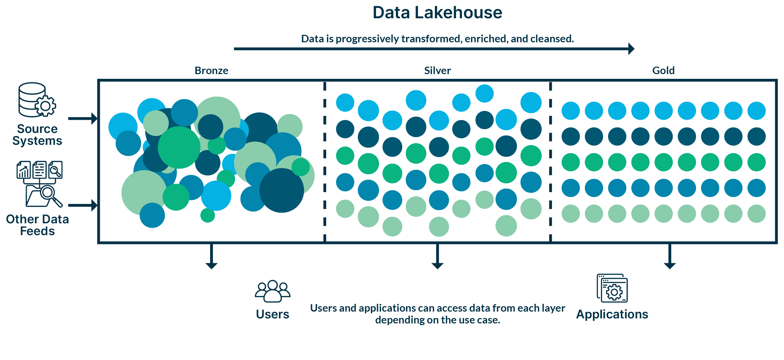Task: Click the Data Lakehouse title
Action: [437, 13]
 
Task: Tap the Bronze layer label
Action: [211, 70]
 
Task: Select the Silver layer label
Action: [438, 70]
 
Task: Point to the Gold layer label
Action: [663, 70]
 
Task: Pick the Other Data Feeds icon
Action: [40, 184]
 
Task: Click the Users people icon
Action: [273, 291]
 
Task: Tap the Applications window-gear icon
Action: [612, 288]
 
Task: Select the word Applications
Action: [612, 314]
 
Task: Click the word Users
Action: [273, 314]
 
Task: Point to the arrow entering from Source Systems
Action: [83, 118]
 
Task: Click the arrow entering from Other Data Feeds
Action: [83, 205]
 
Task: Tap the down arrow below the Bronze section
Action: [211, 256]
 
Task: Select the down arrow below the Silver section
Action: [438, 256]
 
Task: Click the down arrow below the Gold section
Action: [670, 256]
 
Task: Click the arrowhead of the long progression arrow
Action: [631, 49]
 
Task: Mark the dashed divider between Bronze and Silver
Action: [325, 162]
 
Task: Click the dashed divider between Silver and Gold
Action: [551, 162]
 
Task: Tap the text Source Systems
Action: [37, 135]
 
